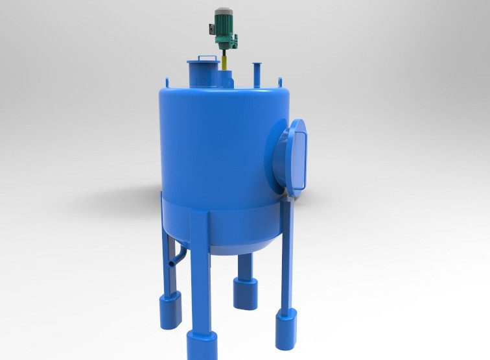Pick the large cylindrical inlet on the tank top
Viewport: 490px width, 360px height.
click(x=204, y=73)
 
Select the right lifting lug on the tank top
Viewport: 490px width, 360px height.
click(x=280, y=82)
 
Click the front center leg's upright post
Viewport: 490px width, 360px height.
click(x=200, y=272)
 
